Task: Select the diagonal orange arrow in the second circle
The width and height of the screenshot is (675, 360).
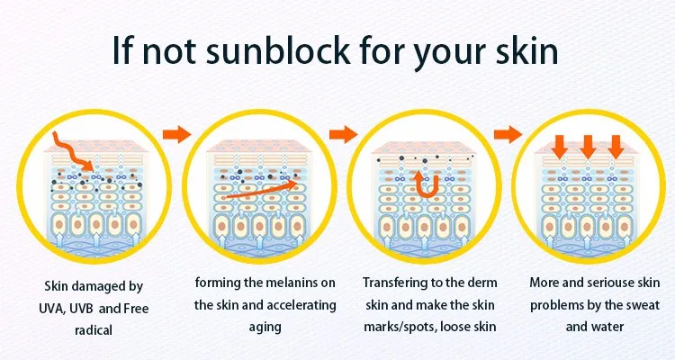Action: click(x=261, y=190)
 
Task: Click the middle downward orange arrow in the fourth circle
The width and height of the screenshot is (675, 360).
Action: click(x=588, y=147)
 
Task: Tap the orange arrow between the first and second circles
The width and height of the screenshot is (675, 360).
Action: click(x=177, y=134)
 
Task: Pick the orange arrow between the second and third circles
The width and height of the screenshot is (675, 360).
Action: click(x=343, y=134)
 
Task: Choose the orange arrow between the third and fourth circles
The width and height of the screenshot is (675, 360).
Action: click(x=508, y=135)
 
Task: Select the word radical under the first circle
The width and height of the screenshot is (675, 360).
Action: click(x=94, y=330)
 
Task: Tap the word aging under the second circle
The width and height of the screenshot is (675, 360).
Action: click(x=265, y=327)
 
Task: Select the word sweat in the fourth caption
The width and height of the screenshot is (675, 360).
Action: click(x=641, y=305)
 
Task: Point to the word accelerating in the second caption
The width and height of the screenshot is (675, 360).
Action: click(x=300, y=305)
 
